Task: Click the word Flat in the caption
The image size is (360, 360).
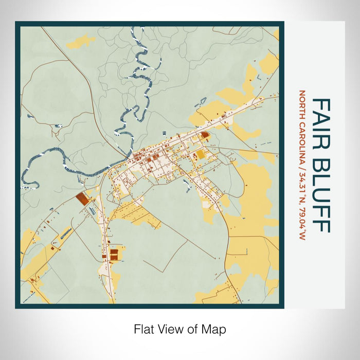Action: click(143, 329)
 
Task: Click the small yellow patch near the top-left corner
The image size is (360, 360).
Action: click(81, 40)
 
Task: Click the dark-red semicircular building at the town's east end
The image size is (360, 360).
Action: click(205, 135)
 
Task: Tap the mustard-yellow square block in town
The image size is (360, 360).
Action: click(201, 154)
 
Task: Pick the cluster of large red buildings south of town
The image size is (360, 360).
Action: click(113, 254)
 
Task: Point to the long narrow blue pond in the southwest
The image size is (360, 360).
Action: click(66, 234)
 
